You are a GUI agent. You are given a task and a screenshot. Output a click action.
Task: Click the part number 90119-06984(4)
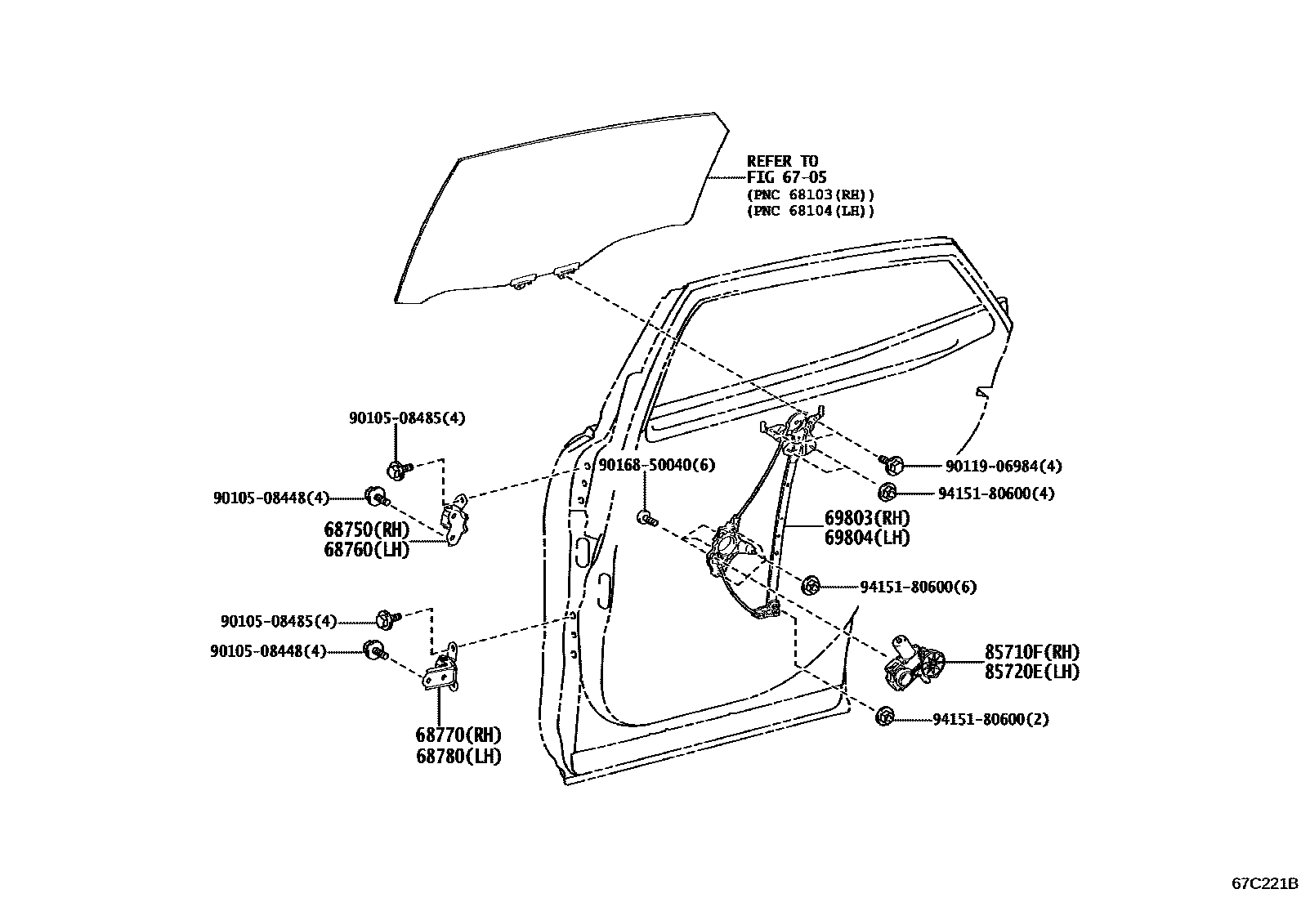click(1004, 467)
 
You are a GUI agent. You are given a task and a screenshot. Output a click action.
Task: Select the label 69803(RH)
click(866, 518)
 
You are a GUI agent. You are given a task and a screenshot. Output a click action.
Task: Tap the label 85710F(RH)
click(1031, 652)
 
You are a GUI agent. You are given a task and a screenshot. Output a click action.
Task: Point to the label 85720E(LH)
click(1031, 672)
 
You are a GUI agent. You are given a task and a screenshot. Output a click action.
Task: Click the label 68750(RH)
click(367, 529)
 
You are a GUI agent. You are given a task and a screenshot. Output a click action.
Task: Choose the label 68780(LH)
click(458, 756)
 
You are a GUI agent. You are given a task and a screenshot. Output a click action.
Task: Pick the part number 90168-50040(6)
click(656, 465)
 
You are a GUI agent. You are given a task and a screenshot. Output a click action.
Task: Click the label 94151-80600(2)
click(990, 720)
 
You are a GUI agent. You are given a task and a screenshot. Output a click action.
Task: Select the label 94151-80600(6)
click(918, 587)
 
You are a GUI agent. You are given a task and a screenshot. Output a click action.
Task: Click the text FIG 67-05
click(786, 177)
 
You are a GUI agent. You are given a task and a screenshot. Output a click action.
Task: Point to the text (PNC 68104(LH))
click(810, 211)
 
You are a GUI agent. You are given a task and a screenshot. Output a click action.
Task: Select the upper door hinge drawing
click(455, 517)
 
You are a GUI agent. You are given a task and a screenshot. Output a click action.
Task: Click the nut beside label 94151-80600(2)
click(883, 717)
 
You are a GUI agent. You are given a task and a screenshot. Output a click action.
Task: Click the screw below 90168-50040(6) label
click(646, 517)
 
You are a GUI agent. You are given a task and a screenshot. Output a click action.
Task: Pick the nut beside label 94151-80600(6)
click(811, 585)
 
